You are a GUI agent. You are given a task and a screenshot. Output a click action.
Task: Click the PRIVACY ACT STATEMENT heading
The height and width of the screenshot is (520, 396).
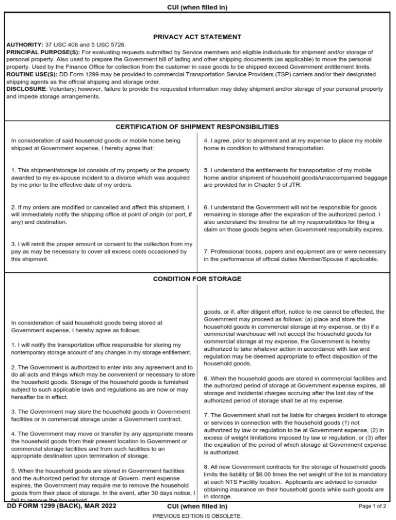click(197, 37)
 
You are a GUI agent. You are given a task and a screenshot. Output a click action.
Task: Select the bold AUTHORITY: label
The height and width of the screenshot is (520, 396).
click(22, 45)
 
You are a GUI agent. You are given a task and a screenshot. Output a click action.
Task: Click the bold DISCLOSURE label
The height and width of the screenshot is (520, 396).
click(26, 89)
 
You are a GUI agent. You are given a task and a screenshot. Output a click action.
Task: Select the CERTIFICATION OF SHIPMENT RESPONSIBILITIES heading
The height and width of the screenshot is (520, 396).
click(197, 127)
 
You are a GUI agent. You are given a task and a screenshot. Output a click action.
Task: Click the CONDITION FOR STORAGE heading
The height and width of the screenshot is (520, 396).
click(197, 279)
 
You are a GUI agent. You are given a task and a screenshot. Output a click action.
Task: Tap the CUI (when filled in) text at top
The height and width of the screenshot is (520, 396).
click(197, 7)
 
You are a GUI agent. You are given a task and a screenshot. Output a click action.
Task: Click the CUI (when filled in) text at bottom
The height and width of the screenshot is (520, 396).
click(197, 506)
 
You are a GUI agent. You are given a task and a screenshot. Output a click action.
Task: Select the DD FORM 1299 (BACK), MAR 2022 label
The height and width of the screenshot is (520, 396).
click(62, 506)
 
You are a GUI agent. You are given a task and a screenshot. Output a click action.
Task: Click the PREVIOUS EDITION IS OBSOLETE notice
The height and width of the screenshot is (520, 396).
click(197, 515)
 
